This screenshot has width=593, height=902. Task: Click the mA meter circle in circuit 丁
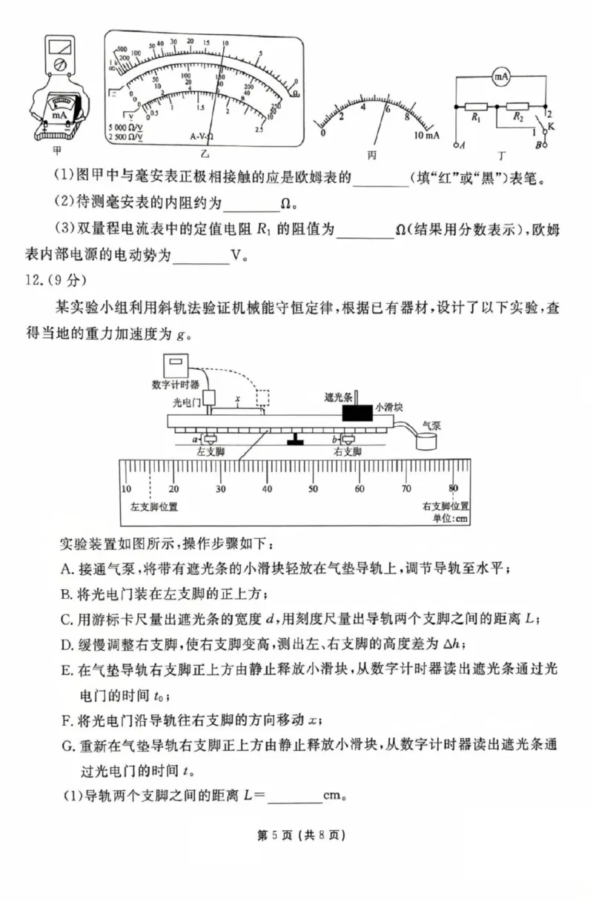[503, 76]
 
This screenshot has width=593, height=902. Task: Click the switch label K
[551, 126]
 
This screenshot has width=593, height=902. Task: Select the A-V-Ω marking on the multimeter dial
[201, 136]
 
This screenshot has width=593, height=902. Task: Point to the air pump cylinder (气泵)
[426, 443]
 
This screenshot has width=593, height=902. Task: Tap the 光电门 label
[186, 402]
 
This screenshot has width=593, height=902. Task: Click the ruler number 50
[313, 488]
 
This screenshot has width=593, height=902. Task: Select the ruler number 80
[453, 488]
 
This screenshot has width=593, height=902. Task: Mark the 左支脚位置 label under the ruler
[153, 507]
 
